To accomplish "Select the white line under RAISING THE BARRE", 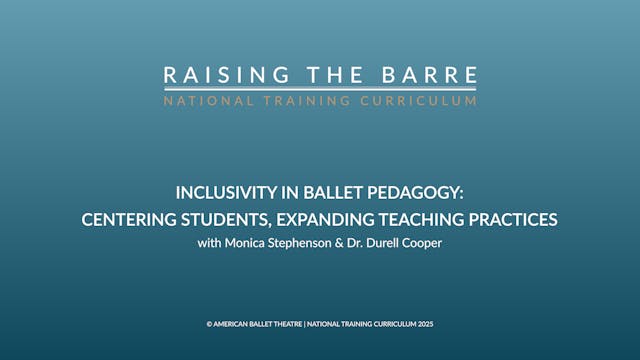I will [320, 89].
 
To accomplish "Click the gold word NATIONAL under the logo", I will [206, 100].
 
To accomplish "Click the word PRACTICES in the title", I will [517, 218].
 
